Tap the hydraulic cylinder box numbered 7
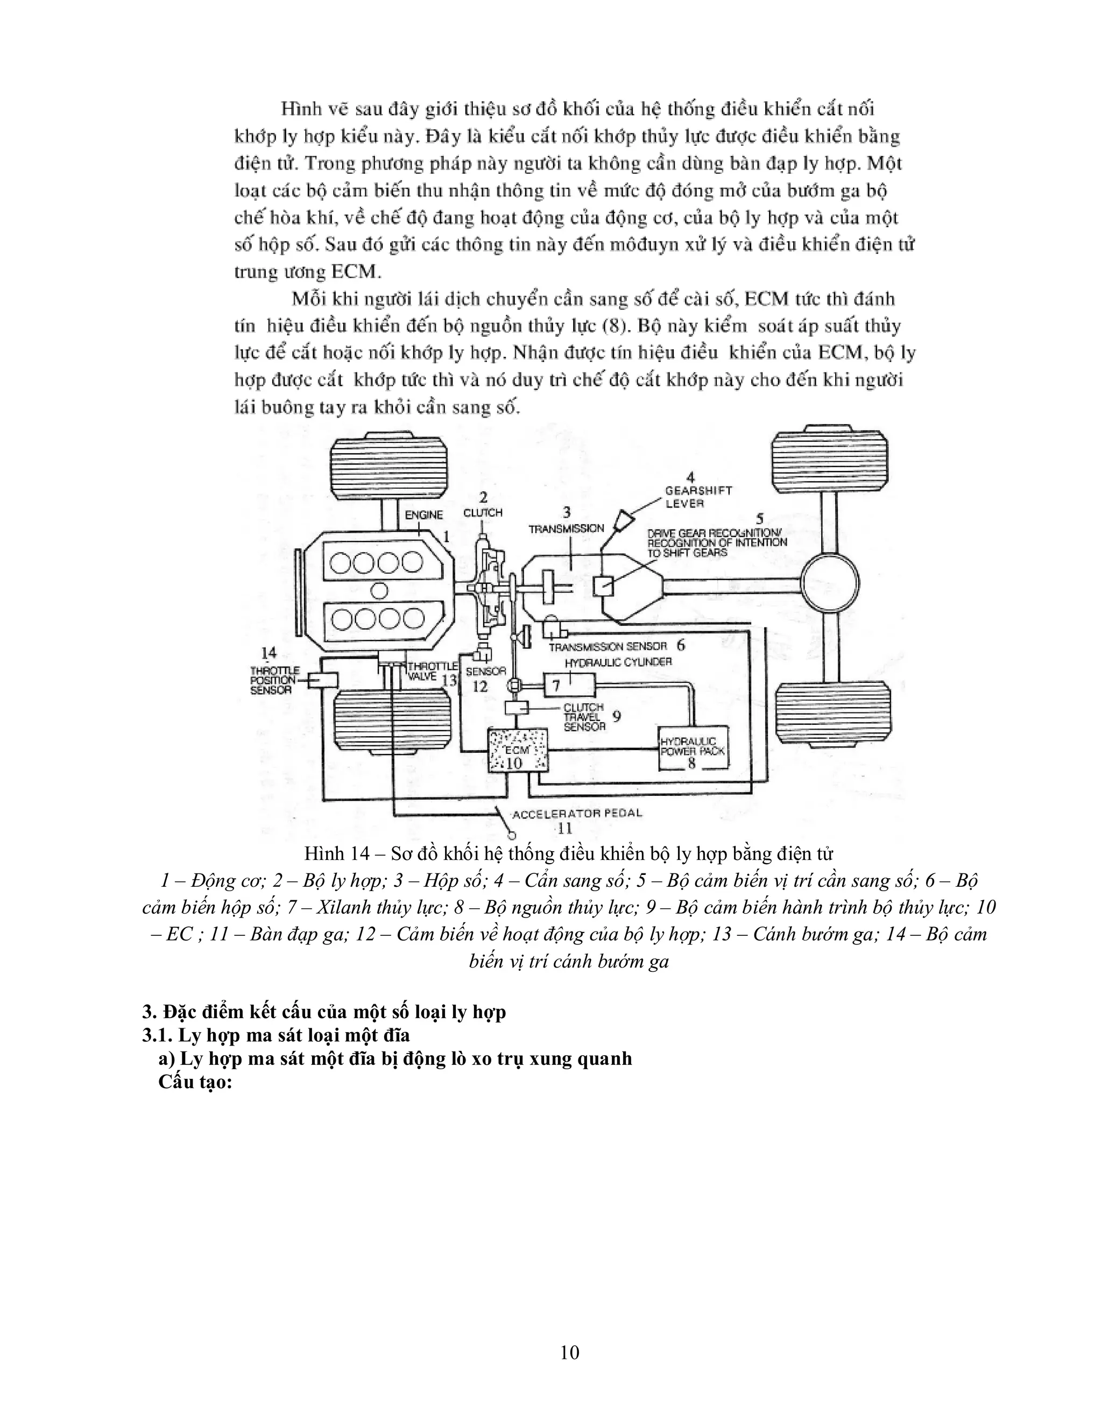(569, 685)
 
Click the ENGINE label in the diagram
(423, 514)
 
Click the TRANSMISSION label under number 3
(566, 528)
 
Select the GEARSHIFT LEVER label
(698, 496)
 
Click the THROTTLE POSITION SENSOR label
(274, 680)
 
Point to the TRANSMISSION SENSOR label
(608, 646)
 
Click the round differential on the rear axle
(829, 585)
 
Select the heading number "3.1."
(157, 1035)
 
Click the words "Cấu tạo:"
(195, 1082)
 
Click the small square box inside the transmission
(603, 585)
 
